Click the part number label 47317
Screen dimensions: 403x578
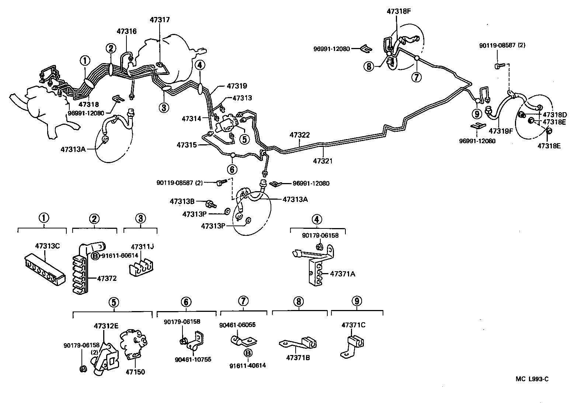click(160, 20)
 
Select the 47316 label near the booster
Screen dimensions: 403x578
click(126, 31)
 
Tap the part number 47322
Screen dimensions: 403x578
click(300, 135)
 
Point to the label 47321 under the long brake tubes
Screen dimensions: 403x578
click(323, 161)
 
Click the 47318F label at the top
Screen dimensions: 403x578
click(398, 11)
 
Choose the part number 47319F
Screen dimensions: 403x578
click(501, 130)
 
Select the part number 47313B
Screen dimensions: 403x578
click(182, 201)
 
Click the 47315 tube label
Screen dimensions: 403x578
click(186, 145)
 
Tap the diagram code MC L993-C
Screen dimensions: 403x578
click(532, 379)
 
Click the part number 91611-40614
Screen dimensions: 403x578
click(247, 365)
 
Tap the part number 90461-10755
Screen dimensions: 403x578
click(193, 359)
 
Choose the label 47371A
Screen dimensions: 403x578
click(342, 274)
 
